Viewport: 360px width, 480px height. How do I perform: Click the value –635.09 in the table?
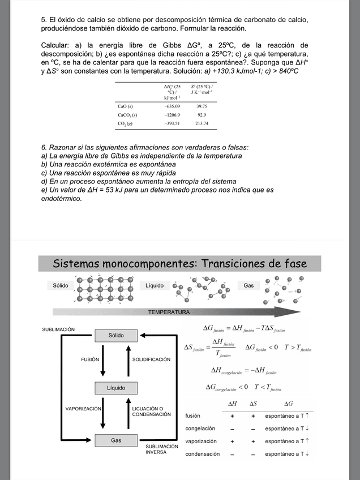(172, 106)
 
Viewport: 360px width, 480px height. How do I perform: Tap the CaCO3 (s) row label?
(127, 115)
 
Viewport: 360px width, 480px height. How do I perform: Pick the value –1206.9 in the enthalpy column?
(172, 115)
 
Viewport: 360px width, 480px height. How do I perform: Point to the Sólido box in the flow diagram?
(116, 336)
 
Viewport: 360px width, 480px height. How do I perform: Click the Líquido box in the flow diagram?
(116, 388)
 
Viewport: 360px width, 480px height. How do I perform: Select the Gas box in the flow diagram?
(116, 440)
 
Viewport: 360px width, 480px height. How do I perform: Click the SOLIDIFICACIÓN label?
(151, 359)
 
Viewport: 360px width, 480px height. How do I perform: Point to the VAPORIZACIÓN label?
(83, 408)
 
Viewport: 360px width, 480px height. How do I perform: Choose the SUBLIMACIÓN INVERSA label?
(162, 449)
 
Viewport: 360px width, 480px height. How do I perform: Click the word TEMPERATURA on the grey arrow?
(169, 312)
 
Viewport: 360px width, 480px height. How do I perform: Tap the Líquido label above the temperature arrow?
(155, 286)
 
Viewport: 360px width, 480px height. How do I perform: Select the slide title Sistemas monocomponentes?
(179, 264)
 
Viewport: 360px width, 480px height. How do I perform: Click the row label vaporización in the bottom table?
(202, 441)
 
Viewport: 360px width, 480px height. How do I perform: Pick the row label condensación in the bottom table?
(203, 453)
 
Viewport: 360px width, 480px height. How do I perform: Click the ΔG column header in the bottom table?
(289, 404)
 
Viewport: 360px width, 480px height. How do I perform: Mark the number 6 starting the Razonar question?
(44, 147)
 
